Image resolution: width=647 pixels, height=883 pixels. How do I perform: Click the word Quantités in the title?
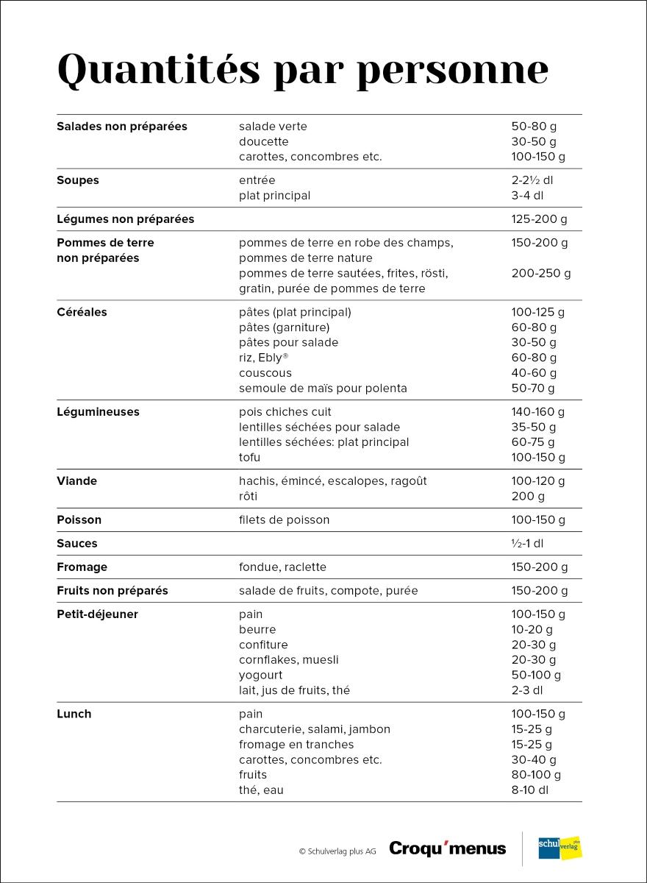(x=158, y=70)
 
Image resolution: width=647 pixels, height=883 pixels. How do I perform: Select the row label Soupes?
(x=78, y=180)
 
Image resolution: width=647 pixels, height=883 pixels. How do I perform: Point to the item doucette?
(x=264, y=141)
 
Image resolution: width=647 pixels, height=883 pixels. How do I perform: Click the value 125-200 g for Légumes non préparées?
(x=540, y=219)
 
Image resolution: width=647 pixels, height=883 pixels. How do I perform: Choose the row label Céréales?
(x=82, y=312)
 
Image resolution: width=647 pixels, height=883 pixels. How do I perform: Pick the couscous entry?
(x=265, y=373)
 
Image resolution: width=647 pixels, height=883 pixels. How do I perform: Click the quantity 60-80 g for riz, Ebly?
(x=534, y=358)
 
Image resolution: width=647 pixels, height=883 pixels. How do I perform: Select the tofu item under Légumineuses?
(x=250, y=458)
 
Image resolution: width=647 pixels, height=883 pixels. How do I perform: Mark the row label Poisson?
(x=79, y=520)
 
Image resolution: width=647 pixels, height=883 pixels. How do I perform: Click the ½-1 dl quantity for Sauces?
(x=527, y=544)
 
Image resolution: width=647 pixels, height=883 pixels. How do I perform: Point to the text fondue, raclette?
(x=282, y=567)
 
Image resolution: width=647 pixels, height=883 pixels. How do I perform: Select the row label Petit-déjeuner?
(x=97, y=614)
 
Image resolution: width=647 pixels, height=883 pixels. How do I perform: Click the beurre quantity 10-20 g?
(x=532, y=630)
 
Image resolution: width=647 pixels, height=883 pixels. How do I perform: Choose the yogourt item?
(x=260, y=675)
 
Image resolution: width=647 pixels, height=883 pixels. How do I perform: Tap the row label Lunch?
(x=74, y=714)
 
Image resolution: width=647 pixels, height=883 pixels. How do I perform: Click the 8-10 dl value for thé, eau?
(x=530, y=790)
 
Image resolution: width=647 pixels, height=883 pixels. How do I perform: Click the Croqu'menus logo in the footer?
(x=447, y=848)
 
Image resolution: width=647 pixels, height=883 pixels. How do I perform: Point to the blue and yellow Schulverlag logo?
(x=560, y=848)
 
